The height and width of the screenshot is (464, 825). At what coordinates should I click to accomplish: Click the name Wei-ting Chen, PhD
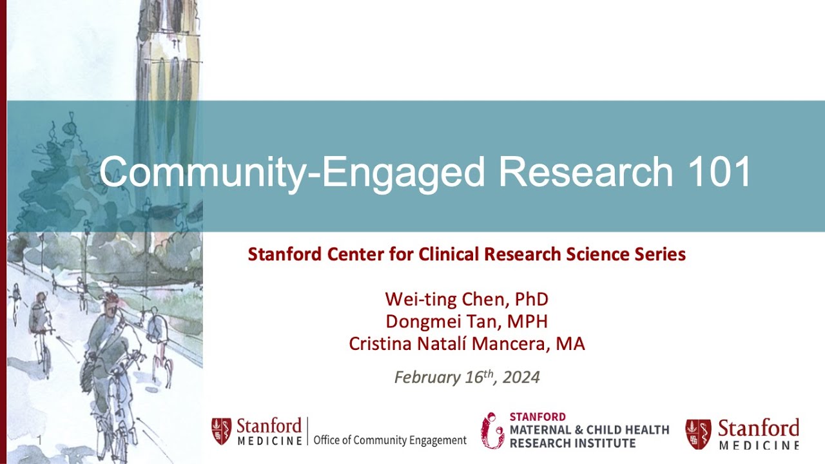point(467,299)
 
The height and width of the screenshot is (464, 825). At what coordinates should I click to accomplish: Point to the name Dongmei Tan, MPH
point(467,321)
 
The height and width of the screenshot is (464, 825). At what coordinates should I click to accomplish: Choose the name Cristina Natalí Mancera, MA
point(467,343)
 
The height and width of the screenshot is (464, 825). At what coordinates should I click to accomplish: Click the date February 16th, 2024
point(467,376)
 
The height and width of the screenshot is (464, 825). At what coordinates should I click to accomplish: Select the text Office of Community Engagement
point(390,441)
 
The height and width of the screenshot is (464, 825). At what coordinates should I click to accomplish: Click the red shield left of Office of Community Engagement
point(222,431)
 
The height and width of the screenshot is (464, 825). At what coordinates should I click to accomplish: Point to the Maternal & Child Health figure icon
point(492,430)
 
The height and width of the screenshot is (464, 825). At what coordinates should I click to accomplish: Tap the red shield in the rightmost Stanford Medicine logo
point(698,433)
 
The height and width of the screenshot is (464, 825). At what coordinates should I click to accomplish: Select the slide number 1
point(39,440)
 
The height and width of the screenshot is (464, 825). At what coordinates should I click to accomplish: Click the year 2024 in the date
point(521,377)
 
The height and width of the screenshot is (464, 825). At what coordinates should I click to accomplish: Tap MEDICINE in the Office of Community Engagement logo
point(269,441)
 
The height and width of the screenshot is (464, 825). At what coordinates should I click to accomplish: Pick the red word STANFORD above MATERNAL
point(538,417)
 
